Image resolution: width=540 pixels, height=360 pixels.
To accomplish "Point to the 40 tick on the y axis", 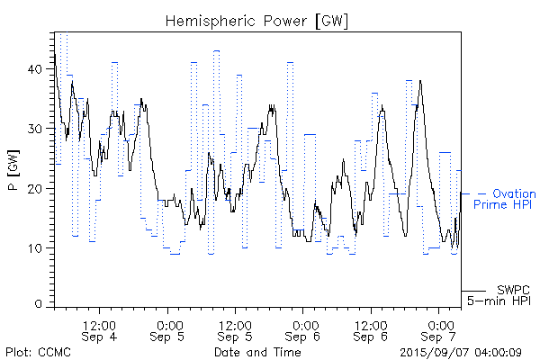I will pos(35,68).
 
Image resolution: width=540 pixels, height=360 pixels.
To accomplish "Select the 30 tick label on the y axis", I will pos(35,128).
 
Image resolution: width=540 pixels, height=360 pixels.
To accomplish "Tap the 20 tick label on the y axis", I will pos(35,188).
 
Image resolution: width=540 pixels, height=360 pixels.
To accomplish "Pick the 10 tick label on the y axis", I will pos(35,247).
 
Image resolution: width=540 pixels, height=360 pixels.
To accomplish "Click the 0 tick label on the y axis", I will pos(39,305).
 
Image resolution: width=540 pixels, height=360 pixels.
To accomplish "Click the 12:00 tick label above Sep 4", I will pos(98,324).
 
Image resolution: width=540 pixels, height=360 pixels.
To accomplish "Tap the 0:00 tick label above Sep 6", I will pos(303,324).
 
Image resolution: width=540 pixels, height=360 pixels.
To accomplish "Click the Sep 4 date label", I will pos(98,337).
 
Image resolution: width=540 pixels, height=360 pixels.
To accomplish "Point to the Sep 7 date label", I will pos(439,337).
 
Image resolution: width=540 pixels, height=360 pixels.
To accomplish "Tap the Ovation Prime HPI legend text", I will pos(509,199).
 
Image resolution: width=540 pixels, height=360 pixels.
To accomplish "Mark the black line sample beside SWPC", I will pos(474,291).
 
